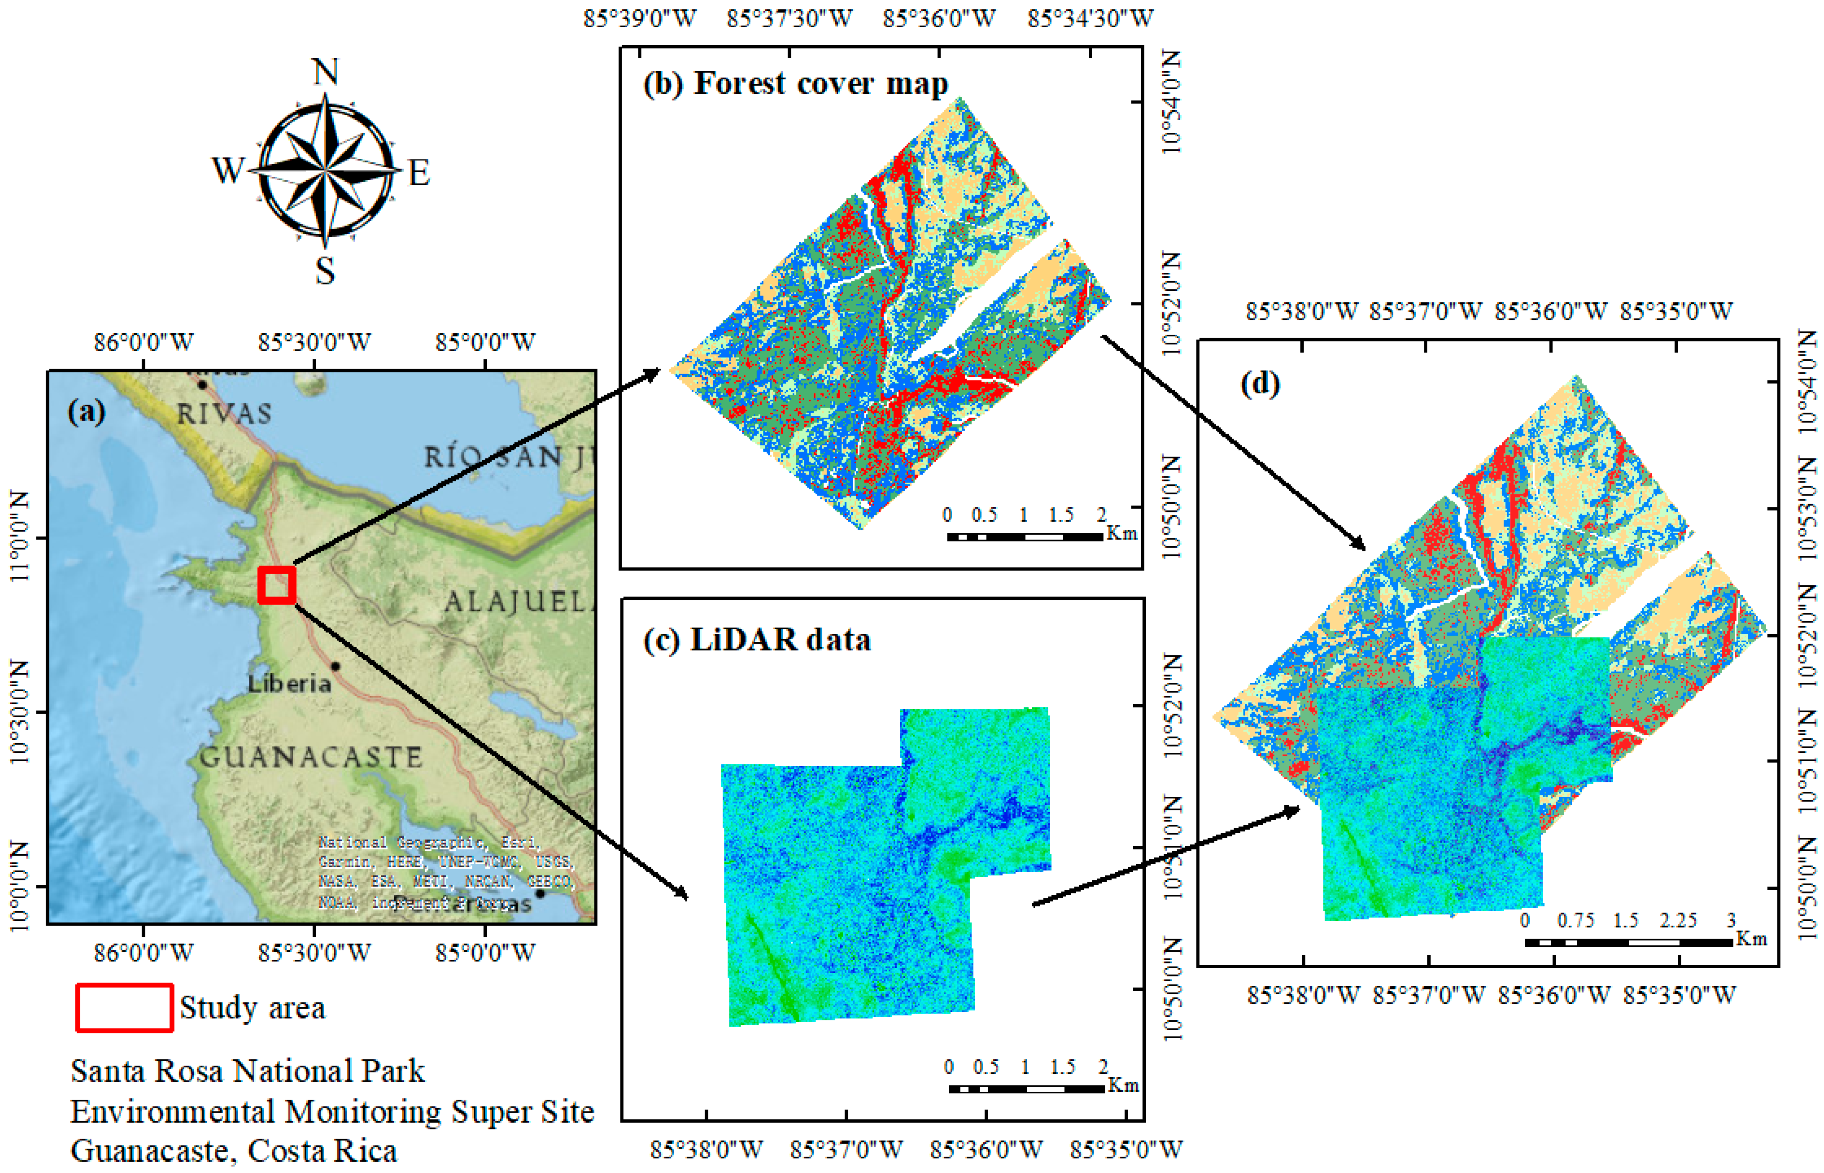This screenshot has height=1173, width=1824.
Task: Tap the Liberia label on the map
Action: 289,683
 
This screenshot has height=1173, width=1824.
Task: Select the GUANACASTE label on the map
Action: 311,757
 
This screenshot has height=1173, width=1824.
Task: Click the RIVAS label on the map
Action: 224,413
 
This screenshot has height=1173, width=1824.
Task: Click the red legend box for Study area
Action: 124,1008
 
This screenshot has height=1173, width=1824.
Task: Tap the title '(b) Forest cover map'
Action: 796,84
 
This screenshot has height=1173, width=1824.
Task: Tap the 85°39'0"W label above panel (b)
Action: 640,18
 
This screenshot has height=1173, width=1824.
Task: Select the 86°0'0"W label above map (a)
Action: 144,342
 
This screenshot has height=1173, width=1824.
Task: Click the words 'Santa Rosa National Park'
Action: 248,1071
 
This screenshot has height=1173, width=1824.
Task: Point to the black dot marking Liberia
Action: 335,667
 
